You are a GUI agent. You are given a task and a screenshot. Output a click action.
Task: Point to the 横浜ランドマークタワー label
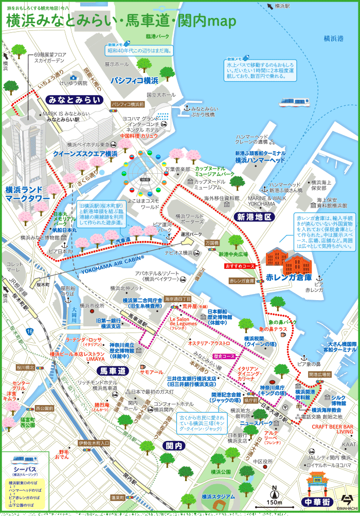pos(26,193)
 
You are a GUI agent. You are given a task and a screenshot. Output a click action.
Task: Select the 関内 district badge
pos(172,445)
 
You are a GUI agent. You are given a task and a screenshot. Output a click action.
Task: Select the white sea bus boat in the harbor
pos(294,102)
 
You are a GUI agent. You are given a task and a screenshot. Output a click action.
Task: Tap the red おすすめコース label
pos(240,266)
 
